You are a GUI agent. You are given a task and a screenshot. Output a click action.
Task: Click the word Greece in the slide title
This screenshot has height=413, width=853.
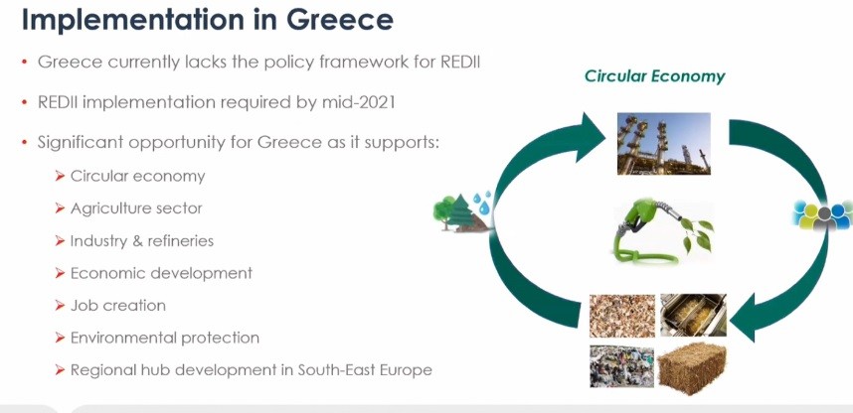click(x=339, y=19)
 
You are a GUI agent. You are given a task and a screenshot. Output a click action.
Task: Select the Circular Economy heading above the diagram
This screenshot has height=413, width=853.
click(x=654, y=76)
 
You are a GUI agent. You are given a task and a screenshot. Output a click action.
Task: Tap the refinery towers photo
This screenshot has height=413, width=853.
click(x=664, y=144)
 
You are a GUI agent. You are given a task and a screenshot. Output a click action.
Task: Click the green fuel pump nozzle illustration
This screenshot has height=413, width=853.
click(x=663, y=231)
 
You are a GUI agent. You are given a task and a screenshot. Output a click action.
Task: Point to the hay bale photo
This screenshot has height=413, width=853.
click(x=691, y=367)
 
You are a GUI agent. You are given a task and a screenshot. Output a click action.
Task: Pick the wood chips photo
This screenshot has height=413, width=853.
click(x=622, y=316)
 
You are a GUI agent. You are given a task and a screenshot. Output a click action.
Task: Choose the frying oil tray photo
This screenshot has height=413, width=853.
click(x=693, y=315)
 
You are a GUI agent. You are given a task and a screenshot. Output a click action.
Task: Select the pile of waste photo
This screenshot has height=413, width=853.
click(x=621, y=366)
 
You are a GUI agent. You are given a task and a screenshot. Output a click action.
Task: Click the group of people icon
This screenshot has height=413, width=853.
click(x=821, y=214)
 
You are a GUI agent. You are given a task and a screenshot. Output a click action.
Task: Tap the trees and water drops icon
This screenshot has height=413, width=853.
click(x=462, y=211)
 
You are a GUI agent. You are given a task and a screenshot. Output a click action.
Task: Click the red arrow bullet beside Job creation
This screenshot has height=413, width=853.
click(x=60, y=306)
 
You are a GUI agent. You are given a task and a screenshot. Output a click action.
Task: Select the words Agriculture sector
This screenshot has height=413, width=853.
click(x=136, y=208)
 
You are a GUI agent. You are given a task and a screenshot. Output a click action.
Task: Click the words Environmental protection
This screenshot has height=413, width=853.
click(x=165, y=338)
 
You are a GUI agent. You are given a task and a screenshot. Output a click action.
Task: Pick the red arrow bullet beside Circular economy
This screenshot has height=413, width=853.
click(x=60, y=176)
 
